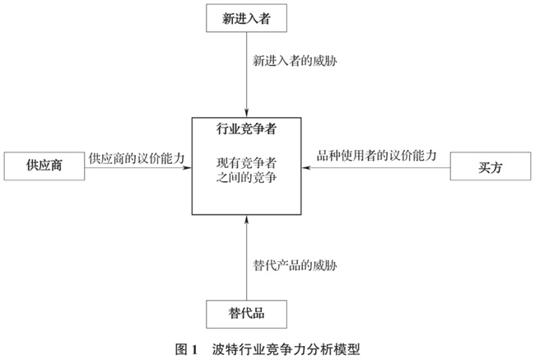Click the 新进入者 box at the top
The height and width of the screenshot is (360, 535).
248,18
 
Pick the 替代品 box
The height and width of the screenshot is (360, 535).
247,313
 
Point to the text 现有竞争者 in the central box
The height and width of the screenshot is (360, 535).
247,163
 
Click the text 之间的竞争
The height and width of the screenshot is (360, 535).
247,179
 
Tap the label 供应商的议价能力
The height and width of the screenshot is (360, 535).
136,156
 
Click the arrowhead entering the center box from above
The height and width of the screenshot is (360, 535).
248,113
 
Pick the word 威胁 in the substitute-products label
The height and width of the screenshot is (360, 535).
322,265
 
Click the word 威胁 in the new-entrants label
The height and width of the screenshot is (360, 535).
322,63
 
